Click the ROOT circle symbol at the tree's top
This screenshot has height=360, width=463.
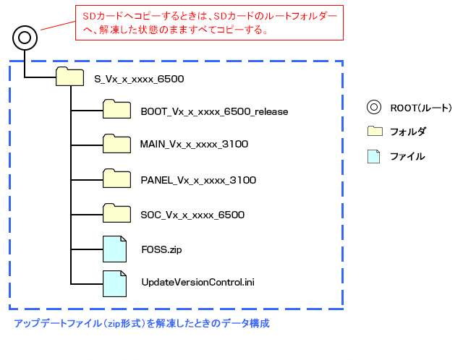(24, 36)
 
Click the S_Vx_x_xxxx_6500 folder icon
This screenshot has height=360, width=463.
(70, 77)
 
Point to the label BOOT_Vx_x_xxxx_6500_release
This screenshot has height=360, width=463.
(215, 111)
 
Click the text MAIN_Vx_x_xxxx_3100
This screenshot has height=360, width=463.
(195, 145)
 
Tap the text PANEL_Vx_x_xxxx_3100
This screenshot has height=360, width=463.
(198, 180)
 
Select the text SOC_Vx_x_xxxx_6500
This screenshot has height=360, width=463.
(192, 215)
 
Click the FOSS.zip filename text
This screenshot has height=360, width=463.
(161, 249)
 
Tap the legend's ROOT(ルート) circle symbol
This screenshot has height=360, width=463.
(373, 108)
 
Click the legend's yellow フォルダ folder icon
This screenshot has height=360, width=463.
(374, 132)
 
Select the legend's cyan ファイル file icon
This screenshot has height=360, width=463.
(373, 156)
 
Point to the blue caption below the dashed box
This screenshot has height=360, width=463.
(142, 324)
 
